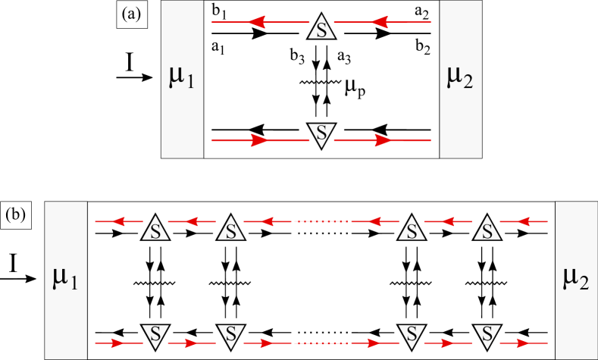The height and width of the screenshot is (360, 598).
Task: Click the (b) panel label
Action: pos(16,214)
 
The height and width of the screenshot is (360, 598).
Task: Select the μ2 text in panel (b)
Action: pos(577,280)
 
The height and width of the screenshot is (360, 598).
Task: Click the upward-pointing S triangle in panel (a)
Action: pos(321,28)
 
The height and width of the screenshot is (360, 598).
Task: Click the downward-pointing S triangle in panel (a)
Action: pos(321,133)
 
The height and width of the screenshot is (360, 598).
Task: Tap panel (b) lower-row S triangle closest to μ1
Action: pos(155,333)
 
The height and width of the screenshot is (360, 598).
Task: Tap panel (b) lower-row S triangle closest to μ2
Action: pos(486,333)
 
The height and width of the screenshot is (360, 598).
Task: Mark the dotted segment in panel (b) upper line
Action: pos(321,222)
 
